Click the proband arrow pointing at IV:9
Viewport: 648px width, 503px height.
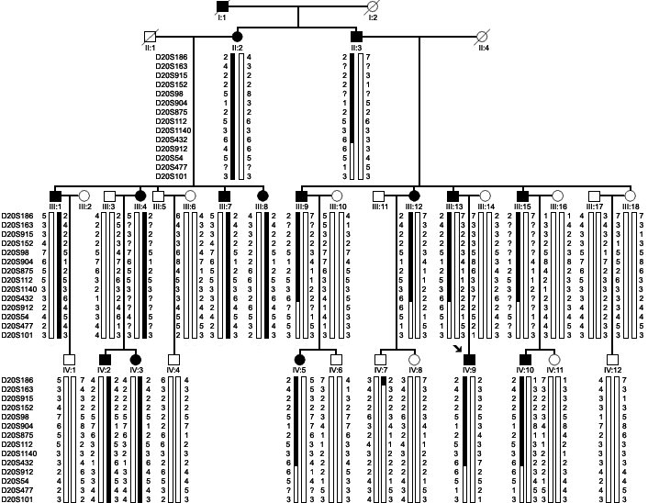(456, 348)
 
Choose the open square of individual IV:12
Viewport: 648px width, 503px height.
(610, 359)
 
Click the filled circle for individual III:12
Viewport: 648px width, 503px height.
(414, 195)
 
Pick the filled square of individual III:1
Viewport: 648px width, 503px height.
(56, 195)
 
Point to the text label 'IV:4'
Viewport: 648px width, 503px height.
(173, 370)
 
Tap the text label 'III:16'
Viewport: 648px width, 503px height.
(559, 207)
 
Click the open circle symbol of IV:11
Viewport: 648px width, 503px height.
(554, 359)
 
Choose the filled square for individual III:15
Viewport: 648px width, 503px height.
(522, 195)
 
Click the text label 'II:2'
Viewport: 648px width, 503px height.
(237, 47)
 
